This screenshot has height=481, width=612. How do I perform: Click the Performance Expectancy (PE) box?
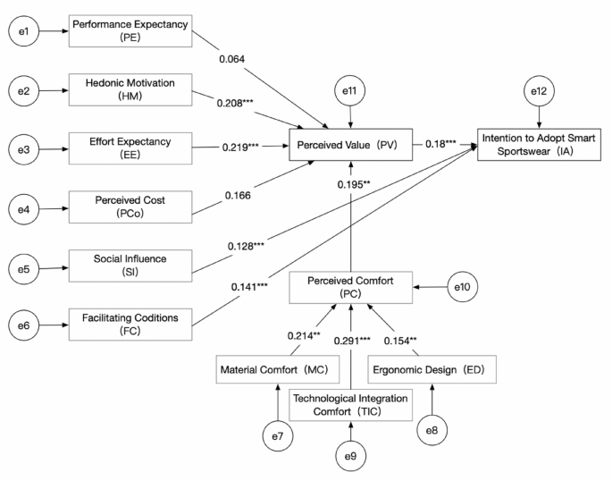[130, 32]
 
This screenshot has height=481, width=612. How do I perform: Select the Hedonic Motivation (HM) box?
[130, 89]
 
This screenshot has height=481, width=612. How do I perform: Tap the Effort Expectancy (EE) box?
[130, 148]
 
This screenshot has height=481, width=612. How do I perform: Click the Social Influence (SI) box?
[130, 266]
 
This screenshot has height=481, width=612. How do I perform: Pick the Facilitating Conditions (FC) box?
[130, 322]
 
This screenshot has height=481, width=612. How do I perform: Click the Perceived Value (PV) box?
[354, 145]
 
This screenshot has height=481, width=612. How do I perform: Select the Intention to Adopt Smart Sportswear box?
[538, 145]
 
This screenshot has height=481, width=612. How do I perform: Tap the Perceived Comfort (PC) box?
[354, 287]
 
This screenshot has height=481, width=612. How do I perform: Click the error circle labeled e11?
[354, 91]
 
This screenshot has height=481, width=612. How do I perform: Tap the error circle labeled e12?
[538, 91]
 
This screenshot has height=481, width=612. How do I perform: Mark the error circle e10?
[460, 287]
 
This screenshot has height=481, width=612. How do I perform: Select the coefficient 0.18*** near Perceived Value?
[444, 144]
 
